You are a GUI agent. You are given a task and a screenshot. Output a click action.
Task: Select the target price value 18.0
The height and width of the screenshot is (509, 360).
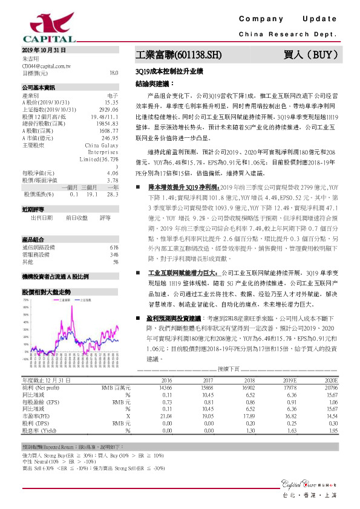tap(113, 73)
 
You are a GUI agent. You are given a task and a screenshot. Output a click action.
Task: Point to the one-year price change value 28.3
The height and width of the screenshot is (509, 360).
tap(112, 193)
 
